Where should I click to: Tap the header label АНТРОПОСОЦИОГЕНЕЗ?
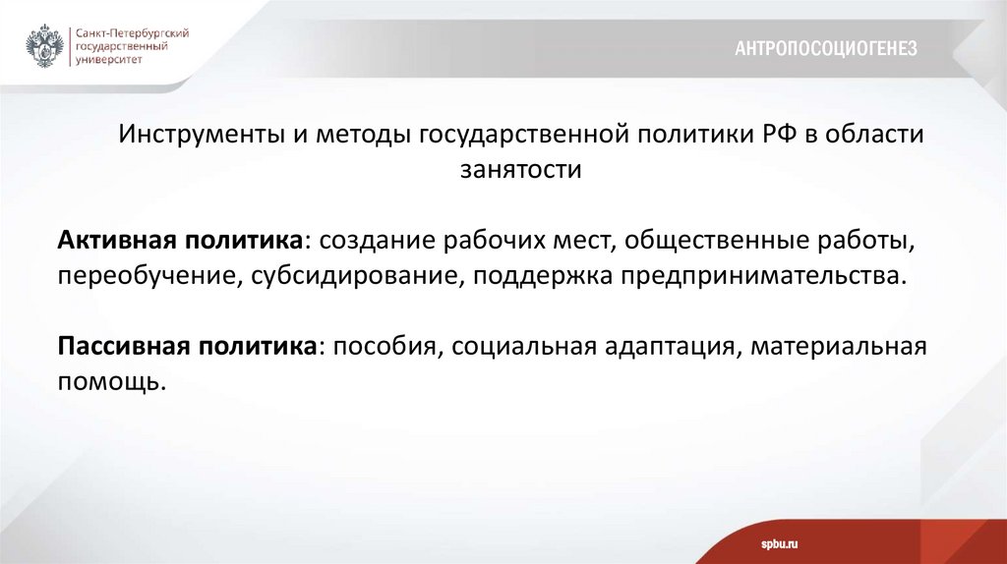[825, 48]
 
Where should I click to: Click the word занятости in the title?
[521, 170]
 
